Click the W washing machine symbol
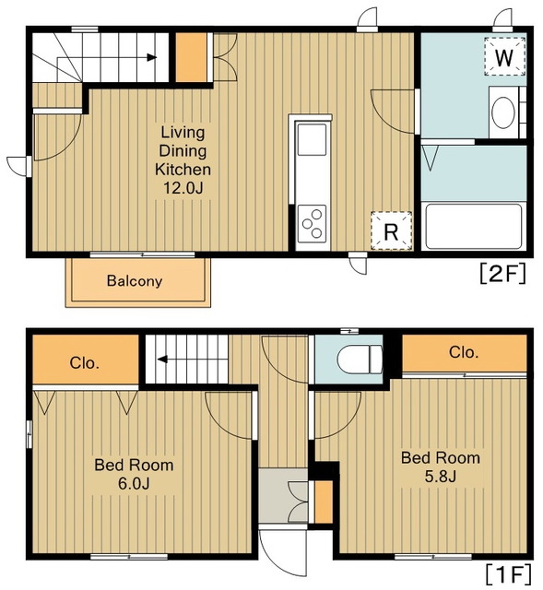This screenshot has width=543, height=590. (504, 56)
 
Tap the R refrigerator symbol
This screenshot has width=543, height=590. (392, 230)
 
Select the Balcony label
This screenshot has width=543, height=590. (135, 280)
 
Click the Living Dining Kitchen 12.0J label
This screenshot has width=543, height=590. (183, 159)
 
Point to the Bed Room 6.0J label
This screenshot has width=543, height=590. (134, 474)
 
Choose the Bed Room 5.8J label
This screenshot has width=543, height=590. (441, 467)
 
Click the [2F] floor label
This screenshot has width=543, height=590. (502, 274)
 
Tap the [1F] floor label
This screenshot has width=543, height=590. (508, 574)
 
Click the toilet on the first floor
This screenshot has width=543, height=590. (360, 360)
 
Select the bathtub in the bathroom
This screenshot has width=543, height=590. (473, 227)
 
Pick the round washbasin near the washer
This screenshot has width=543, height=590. (503, 112)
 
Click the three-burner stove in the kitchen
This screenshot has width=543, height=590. (312, 224)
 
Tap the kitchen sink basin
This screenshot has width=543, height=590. (312, 139)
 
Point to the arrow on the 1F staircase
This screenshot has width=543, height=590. (193, 360)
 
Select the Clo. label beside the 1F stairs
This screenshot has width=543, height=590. (85, 363)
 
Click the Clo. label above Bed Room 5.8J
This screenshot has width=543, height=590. (464, 352)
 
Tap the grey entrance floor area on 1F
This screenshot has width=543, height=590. (283, 496)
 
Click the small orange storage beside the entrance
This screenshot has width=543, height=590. (324, 501)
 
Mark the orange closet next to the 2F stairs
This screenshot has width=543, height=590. (191, 57)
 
